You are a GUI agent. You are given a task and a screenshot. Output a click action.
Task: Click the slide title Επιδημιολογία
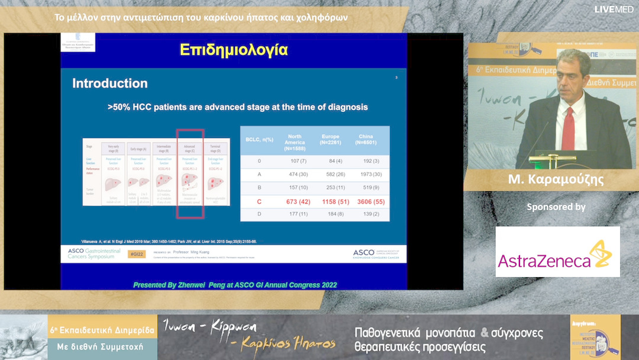pos(234,50)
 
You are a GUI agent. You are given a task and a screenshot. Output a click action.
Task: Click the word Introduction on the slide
pos(110,83)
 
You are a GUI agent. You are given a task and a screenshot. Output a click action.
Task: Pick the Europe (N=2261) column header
pos(330,140)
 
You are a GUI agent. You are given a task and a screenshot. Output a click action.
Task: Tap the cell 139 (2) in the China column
pos(366,213)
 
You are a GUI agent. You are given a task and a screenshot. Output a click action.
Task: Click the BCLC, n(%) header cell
pos(259,140)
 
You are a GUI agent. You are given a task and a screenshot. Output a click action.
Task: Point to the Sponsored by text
pos(556,207)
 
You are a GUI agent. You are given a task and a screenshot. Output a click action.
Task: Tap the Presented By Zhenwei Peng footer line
pos(235,285)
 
